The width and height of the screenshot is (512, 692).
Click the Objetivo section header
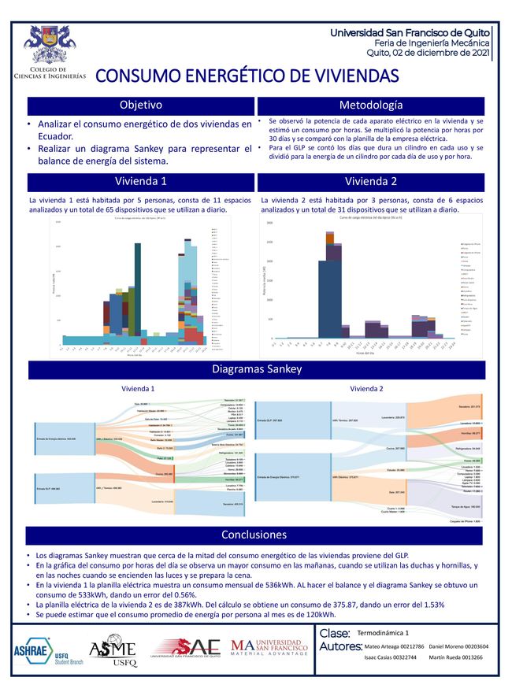[140, 105]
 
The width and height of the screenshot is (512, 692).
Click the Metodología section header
[371, 105]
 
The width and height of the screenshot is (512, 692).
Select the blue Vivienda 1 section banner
[140, 182]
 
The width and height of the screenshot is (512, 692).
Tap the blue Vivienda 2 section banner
[371, 182]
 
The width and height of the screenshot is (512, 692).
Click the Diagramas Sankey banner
[255, 370]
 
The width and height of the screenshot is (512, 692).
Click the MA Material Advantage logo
[269, 648]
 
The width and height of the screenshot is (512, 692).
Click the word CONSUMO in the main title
[140, 76]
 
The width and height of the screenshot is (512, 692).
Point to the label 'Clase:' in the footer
[336, 632]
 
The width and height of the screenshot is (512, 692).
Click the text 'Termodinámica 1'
[383, 632]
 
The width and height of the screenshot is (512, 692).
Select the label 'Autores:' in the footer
[341, 647]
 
